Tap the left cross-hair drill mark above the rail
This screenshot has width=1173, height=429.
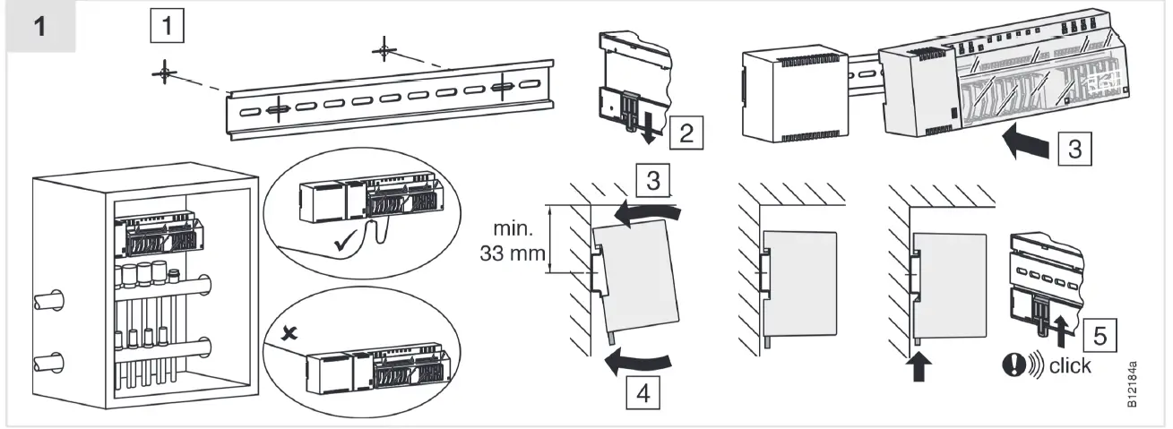pos(163,73)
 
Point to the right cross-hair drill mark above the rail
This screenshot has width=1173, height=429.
pos(384,49)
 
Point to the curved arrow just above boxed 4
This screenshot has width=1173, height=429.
pos(638,360)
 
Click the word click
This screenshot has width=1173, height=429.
pos(1071,366)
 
